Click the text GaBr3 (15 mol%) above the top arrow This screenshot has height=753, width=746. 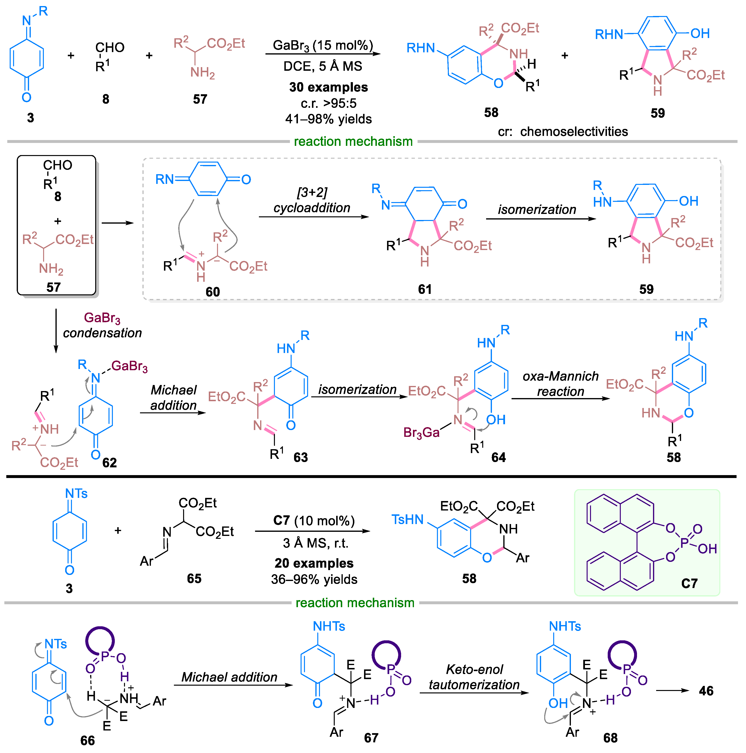323,46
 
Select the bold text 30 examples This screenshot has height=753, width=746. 328,87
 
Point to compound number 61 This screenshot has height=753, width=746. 425,289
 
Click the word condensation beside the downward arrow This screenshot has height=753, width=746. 102,333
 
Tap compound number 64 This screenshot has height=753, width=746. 498,457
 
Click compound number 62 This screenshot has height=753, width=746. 109,463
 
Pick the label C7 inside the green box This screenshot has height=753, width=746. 689,583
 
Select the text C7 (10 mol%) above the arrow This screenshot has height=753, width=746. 314,520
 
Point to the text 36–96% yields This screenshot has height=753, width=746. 314,579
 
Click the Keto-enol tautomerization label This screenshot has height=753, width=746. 474,677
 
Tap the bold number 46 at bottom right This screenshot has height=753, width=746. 706,691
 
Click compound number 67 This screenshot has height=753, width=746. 371,738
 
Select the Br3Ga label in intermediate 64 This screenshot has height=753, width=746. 421,433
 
